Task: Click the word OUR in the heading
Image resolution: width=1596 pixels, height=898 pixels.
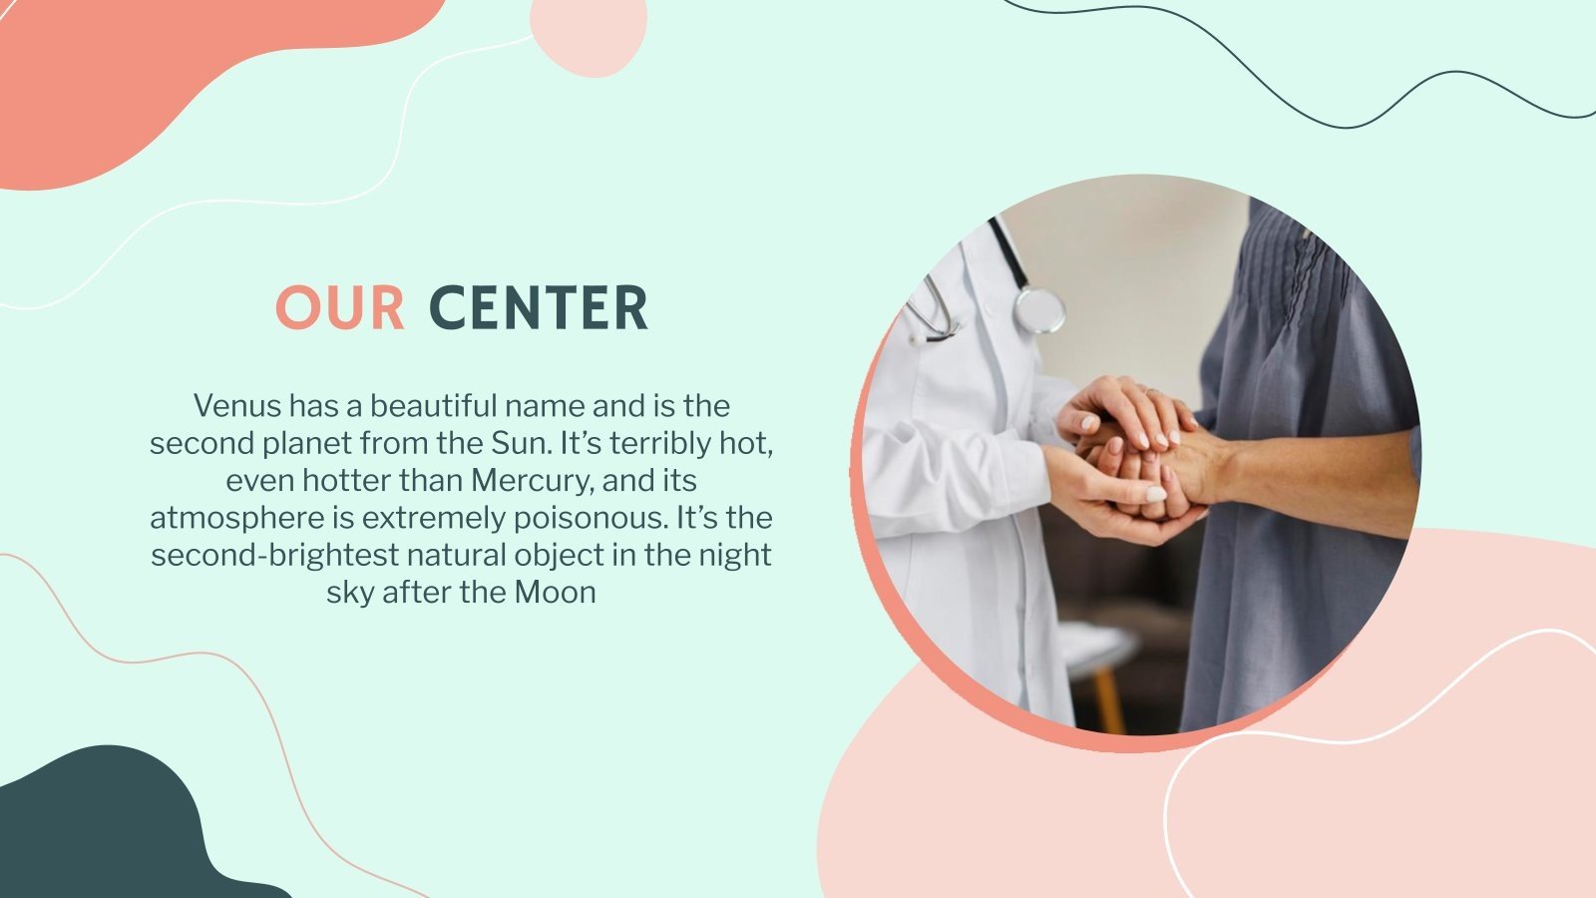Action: [340, 307]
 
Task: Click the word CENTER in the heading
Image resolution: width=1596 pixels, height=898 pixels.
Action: [539, 307]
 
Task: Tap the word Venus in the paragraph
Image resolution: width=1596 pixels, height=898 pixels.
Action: [236, 406]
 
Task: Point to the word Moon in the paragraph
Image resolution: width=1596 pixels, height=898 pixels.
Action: [555, 593]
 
